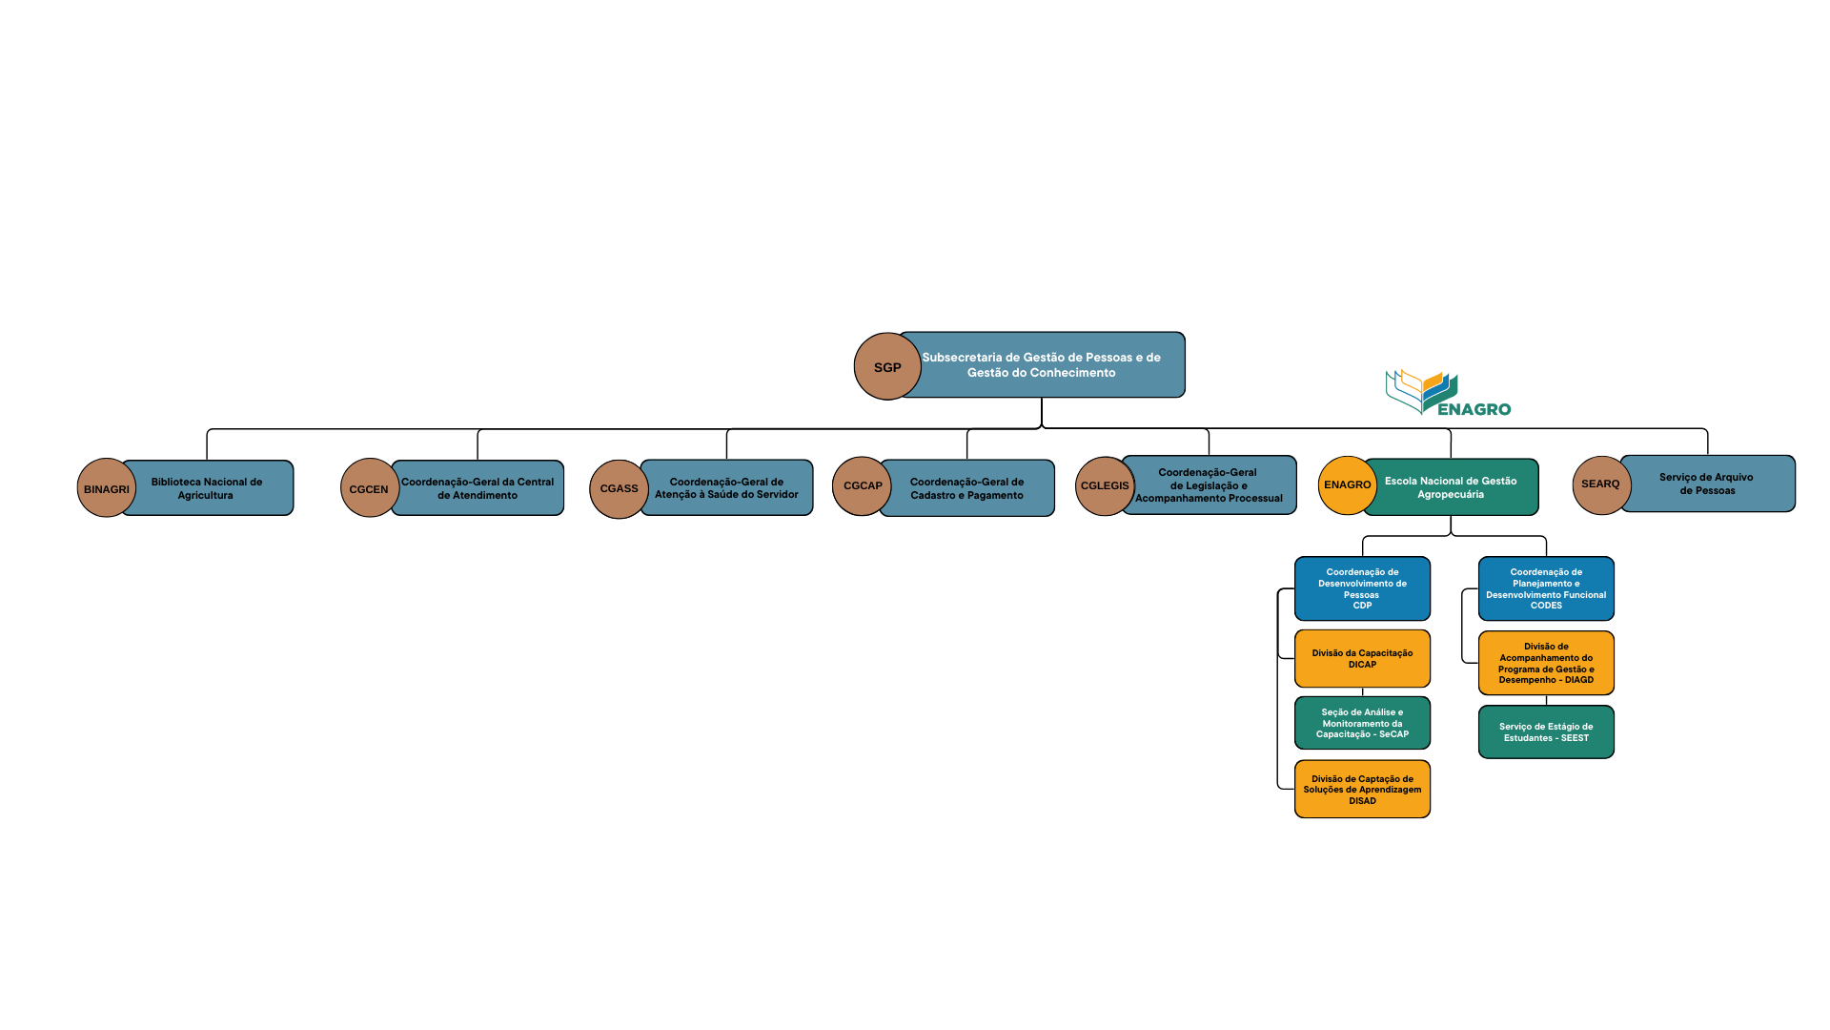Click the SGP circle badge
point(886,367)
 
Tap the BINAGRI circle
point(106,488)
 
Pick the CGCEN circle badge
point(369,488)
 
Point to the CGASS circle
point(619,488)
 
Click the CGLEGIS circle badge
point(1105,485)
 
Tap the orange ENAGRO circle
point(1347,484)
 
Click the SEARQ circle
point(1600,484)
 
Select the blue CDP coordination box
point(1362,588)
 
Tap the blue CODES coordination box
point(1546,588)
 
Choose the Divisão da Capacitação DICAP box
point(1362,658)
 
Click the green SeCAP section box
point(1362,723)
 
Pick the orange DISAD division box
point(1362,789)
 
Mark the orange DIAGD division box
point(1546,663)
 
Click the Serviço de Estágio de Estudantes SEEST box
point(1546,731)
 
